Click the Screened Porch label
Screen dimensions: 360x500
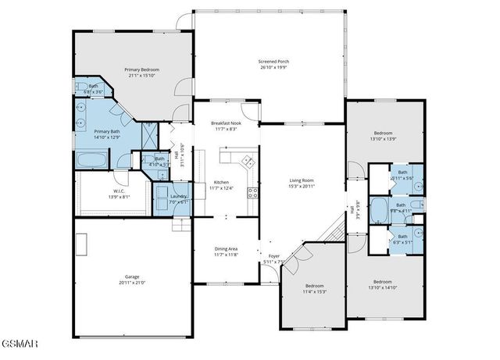[x=274, y=62]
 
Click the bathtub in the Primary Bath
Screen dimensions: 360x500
[x=93, y=159]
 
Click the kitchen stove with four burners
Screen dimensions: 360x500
[x=252, y=191]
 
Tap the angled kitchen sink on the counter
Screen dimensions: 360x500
[x=248, y=162]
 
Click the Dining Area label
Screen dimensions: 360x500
[x=227, y=249]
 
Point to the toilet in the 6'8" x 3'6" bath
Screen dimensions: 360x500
[x=81, y=87]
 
